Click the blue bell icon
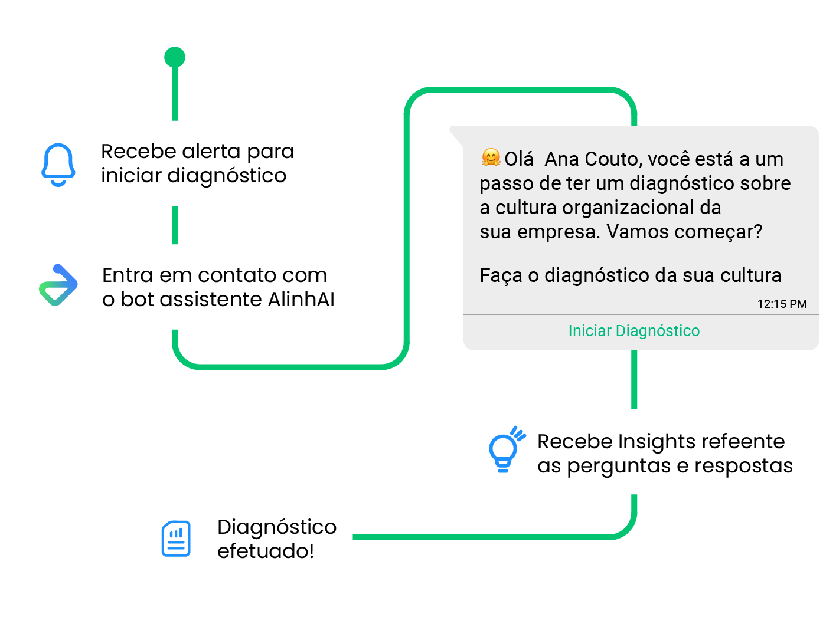(58, 165)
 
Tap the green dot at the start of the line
(175, 57)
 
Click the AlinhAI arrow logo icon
(58, 285)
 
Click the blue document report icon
(176, 539)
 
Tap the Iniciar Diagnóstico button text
(633, 331)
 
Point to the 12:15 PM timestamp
(782, 304)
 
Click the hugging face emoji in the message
(491, 157)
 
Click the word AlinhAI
(301, 300)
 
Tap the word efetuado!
(265, 551)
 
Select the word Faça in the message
(500, 275)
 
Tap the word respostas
(743, 466)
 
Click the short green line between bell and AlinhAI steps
(175, 225)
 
